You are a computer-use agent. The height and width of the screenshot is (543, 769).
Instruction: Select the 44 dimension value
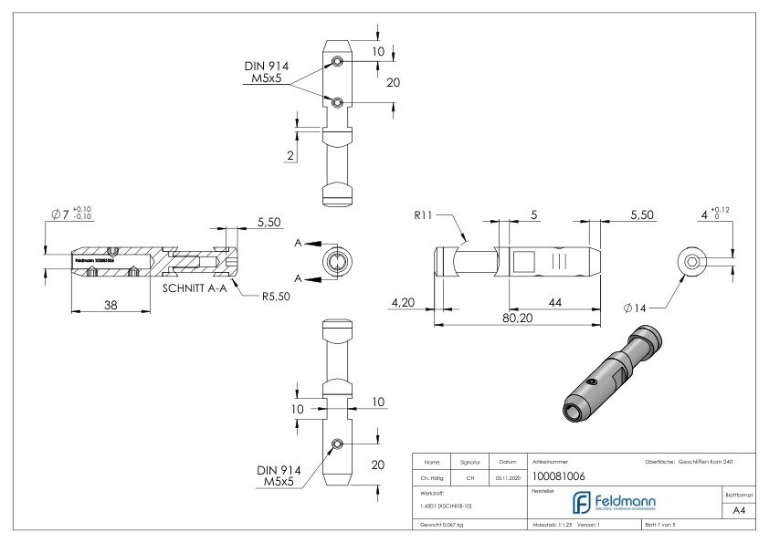(554, 301)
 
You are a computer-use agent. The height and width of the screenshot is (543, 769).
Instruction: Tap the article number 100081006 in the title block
(558, 475)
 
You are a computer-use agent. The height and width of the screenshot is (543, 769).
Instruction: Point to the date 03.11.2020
(508, 475)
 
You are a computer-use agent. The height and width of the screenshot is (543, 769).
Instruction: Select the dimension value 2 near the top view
(290, 156)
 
